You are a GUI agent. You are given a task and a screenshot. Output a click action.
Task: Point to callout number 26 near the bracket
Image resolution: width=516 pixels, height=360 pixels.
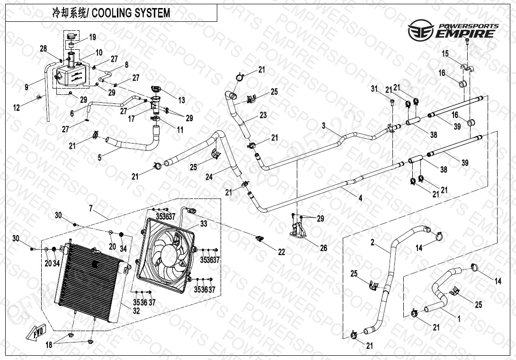[x=323, y=248]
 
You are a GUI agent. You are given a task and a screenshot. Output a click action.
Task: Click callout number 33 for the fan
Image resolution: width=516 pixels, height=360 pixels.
[x=203, y=223]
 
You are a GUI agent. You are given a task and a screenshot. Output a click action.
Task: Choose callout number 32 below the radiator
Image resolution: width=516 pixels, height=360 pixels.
[x=136, y=311]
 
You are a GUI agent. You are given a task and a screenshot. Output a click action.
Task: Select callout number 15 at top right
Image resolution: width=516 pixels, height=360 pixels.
[x=445, y=54]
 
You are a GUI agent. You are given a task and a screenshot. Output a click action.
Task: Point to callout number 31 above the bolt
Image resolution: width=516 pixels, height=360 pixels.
[x=374, y=89]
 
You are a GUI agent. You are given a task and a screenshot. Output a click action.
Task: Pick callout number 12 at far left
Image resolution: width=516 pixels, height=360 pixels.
[x=17, y=108]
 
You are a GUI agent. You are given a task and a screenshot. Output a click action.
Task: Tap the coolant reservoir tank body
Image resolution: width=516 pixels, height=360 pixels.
[x=72, y=76]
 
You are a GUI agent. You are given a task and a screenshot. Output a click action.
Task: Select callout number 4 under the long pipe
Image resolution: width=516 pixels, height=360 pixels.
[x=360, y=199]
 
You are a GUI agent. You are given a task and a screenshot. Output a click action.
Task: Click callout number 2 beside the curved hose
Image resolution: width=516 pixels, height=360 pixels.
[x=373, y=243]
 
